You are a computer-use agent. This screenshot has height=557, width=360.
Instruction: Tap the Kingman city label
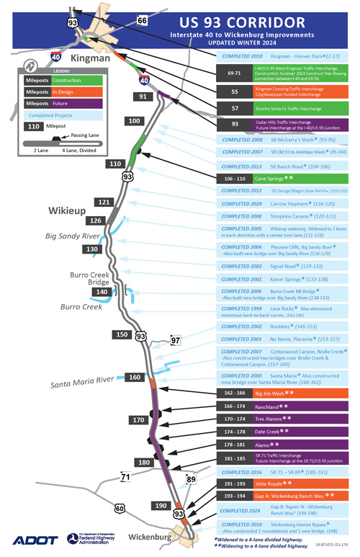tap(90, 57)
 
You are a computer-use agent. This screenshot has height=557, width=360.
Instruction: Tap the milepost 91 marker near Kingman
tap(144, 96)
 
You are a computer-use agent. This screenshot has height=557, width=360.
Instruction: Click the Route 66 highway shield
tap(143, 20)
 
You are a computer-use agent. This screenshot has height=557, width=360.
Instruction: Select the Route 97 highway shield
tap(175, 340)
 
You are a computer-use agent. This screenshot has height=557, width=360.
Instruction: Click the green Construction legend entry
tap(60, 81)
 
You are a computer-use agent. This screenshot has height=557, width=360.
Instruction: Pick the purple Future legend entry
tap(60, 104)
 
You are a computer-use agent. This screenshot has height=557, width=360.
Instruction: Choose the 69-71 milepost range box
tap(235, 73)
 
